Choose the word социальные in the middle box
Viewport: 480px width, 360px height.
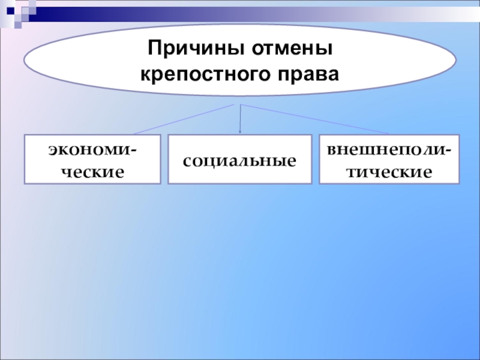239,161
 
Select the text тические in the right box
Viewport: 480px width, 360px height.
389,172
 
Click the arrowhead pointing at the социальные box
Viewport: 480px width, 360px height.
241,131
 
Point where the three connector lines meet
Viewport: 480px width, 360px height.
240,104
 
